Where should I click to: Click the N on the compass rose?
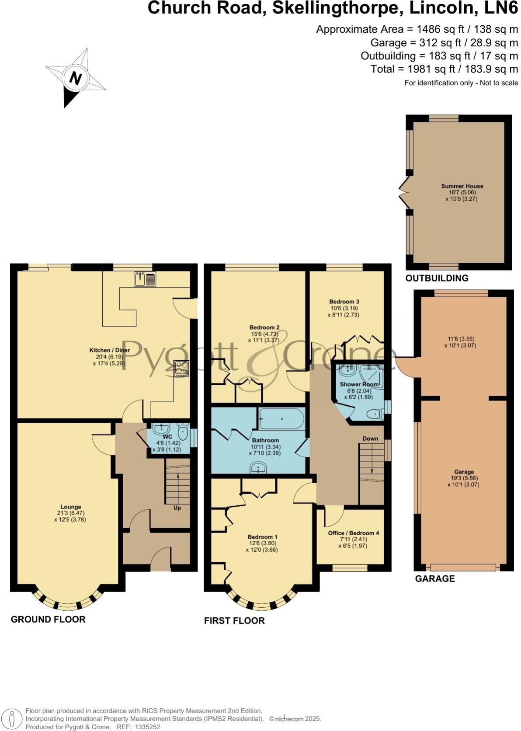(x=76, y=78)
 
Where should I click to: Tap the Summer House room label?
(x=462, y=186)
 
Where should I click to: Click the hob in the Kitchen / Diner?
(x=181, y=368)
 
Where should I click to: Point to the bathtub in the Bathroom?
(x=281, y=419)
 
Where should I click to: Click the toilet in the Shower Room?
(x=374, y=414)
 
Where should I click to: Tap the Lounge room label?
(x=71, y=507)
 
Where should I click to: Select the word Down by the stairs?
(x=370, y=439)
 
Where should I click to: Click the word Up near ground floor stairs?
(x=177, y=508)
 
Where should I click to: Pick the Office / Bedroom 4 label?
(x=354, y=533)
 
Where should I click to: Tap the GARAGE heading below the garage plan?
(x=434, y=578)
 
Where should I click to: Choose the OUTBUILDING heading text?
(x=437, y=278)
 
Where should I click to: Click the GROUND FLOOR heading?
(x=48, y=619)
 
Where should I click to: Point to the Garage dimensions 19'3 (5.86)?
(x=464, y=478)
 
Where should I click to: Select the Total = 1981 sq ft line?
(x=444, y=69)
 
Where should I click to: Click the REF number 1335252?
(x=148, y=727)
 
